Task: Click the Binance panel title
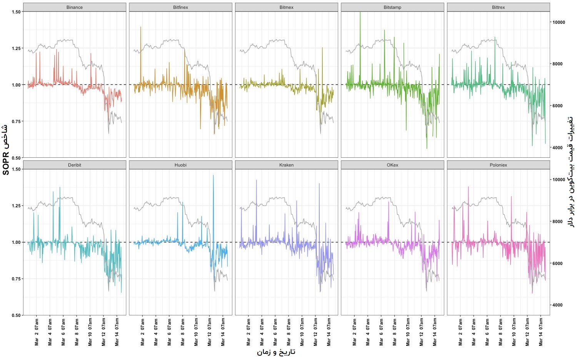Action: (x=75, y=7)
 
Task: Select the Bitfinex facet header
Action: (x=180, y=7)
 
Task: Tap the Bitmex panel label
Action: (x=287, y=7)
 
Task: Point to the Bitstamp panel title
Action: (x=392, y=7)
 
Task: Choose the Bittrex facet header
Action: (x=499, y=7)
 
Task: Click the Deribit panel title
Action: (x=75, y=165)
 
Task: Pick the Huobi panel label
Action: (x=180, y=165)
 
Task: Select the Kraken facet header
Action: (x=287, y=165)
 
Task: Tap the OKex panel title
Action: (x=392, y=165)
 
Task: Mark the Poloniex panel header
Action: (x=499, y=165)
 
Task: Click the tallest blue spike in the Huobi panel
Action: (x=213, y=176)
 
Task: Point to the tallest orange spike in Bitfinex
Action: (x=141, y=27)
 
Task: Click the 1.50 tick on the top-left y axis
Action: (x=16, y=12)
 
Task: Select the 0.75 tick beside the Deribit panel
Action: (x=16, y=279)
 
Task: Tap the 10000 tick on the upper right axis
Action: (x=559, y=22)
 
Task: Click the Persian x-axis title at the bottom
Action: (x=276, y=352)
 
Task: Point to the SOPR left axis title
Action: (x=5, y=150)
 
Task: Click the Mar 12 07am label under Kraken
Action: (x=315, y=332)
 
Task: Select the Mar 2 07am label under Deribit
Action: (x=37, y=332)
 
